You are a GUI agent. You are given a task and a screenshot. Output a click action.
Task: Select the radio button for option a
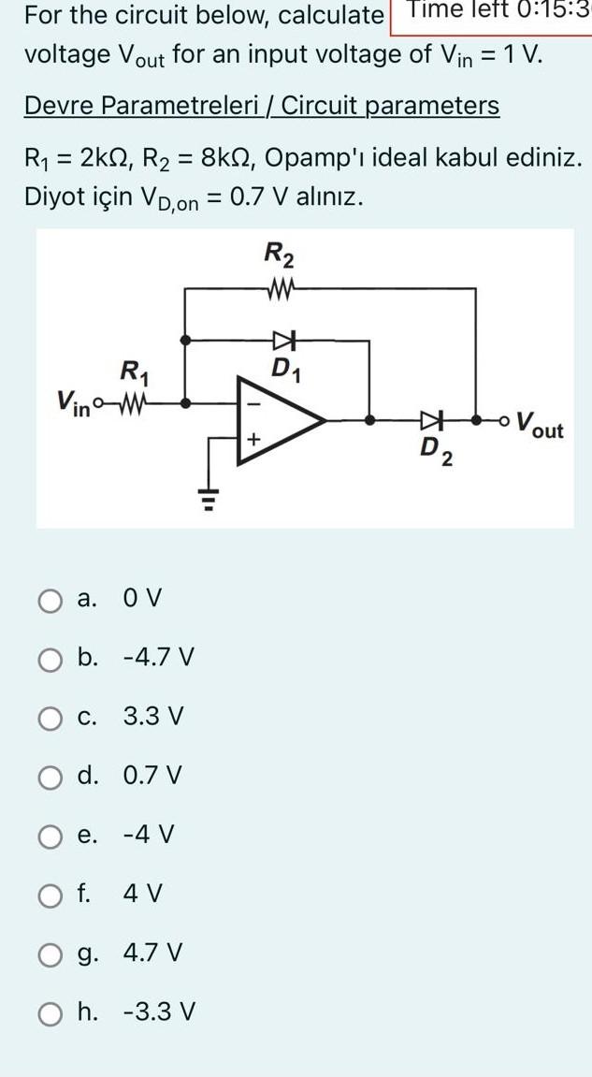point(51,599)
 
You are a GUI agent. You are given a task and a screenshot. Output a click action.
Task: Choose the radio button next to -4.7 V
point(51,659)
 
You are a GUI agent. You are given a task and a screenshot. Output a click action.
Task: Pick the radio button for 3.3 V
point(51,719)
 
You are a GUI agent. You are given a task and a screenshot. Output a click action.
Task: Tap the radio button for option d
point(51,777)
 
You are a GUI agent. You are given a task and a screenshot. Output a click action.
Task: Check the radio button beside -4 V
point(51,836)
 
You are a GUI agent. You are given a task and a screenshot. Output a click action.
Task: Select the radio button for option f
point(51,895)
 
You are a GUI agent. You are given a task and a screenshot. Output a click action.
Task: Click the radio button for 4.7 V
point(51,954)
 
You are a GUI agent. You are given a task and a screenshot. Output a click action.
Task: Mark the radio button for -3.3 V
point(51,1012)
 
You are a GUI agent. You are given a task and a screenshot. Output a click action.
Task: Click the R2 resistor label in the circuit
point(279,252)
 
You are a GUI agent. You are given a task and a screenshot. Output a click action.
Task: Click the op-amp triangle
point(281,421)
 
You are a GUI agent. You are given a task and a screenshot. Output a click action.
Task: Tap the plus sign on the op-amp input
point(251,438)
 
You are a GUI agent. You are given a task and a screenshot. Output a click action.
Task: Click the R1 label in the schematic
point(135,371)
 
